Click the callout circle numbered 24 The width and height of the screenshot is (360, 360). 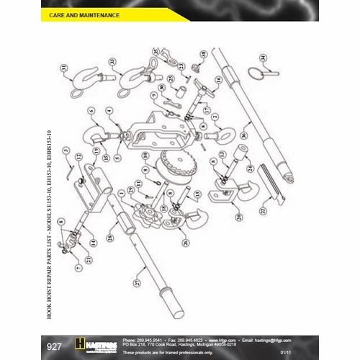[x=249, y=169]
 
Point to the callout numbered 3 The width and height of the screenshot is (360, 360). [x=66, y=150]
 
